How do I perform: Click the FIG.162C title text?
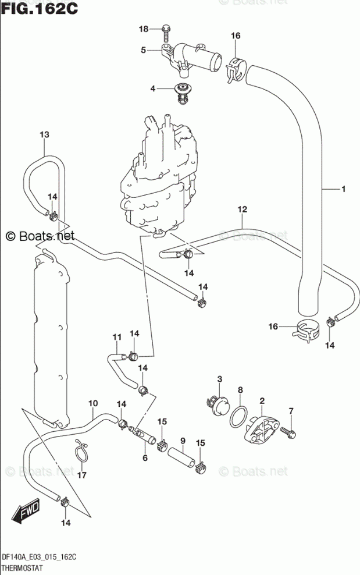pos(40,8)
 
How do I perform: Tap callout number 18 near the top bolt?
pos(143,29)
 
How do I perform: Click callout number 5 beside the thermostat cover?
pos(143,50)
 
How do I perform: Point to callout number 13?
pos(44,134)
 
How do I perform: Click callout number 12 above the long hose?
pos(243,210)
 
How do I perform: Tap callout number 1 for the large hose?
pos(344,189)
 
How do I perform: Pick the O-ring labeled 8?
pos(238,416)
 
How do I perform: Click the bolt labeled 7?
pos(288,432)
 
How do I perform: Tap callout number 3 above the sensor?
pos(220,379)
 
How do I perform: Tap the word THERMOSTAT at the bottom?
pos(23,568)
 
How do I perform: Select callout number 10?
pos(93,403)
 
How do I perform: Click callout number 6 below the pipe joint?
pos(145,457)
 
